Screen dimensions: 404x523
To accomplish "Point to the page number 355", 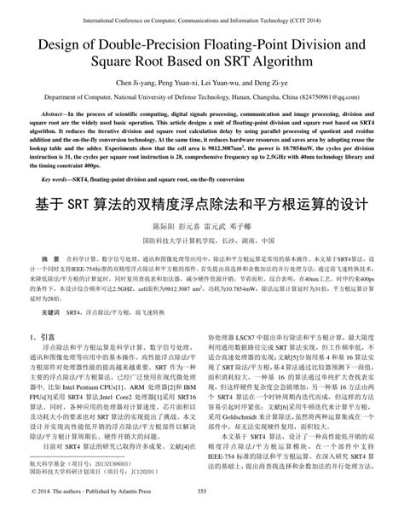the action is coord(202,514).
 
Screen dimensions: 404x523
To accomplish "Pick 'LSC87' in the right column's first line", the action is coord(254,338).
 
